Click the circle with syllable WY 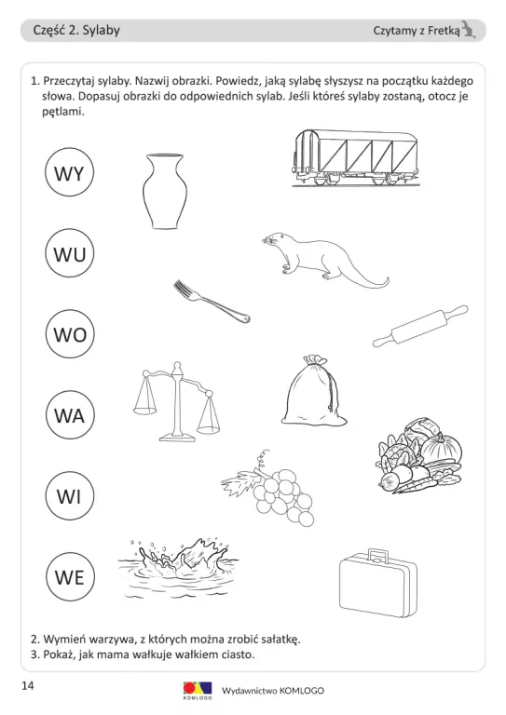[69, 172]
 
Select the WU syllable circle [69, 253]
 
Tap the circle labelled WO [70, 334]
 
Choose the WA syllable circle [70, 415]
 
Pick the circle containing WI [70, 495]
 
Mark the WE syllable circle [70, 577]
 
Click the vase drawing [165, 191]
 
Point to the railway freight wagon [355, 157]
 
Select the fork [212, 302]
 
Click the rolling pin [420, 326]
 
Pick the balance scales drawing [176, 401]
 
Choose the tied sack [313, 390]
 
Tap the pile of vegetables [419, 456]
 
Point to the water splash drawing [178, 567]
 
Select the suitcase [378, 582]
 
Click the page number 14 [27, 685]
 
